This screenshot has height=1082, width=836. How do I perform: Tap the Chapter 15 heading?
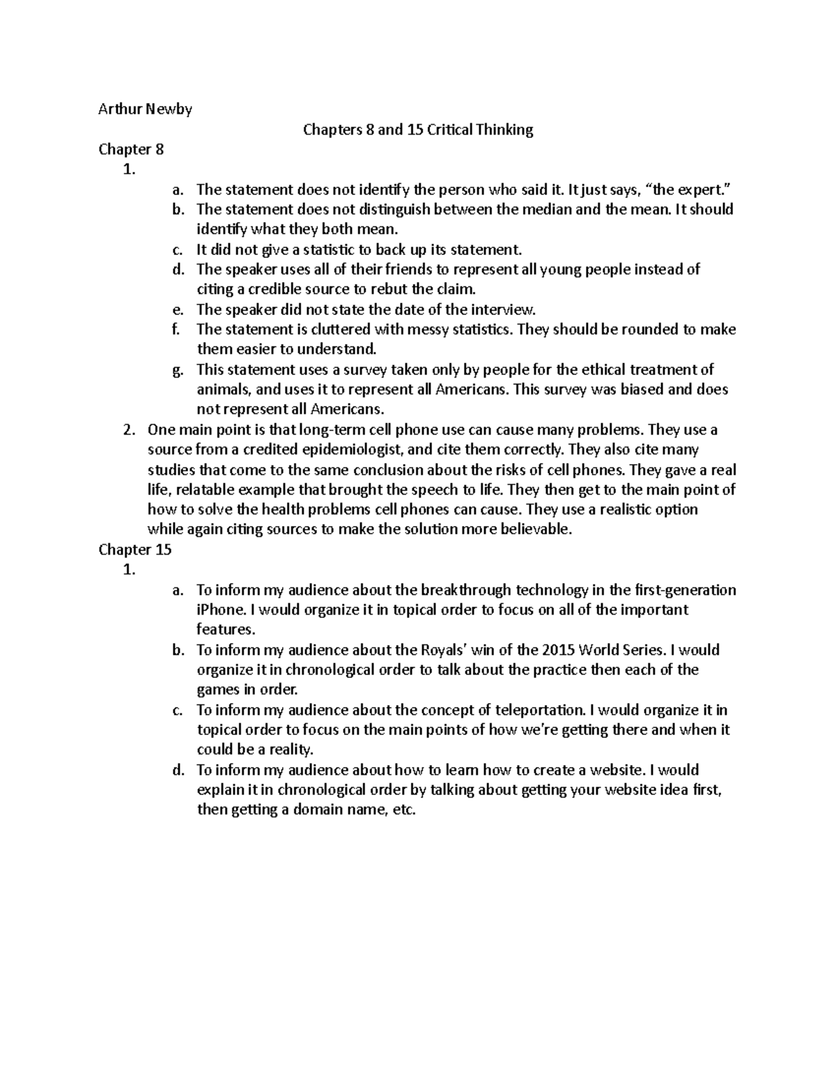tap(134, 550)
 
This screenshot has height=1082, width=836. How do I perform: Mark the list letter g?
tap(178, 370)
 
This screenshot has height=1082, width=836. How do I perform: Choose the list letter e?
tap(178, 310)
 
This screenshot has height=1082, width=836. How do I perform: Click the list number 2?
tap(127, 430)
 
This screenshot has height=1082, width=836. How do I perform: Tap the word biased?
tap(642, 389)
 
